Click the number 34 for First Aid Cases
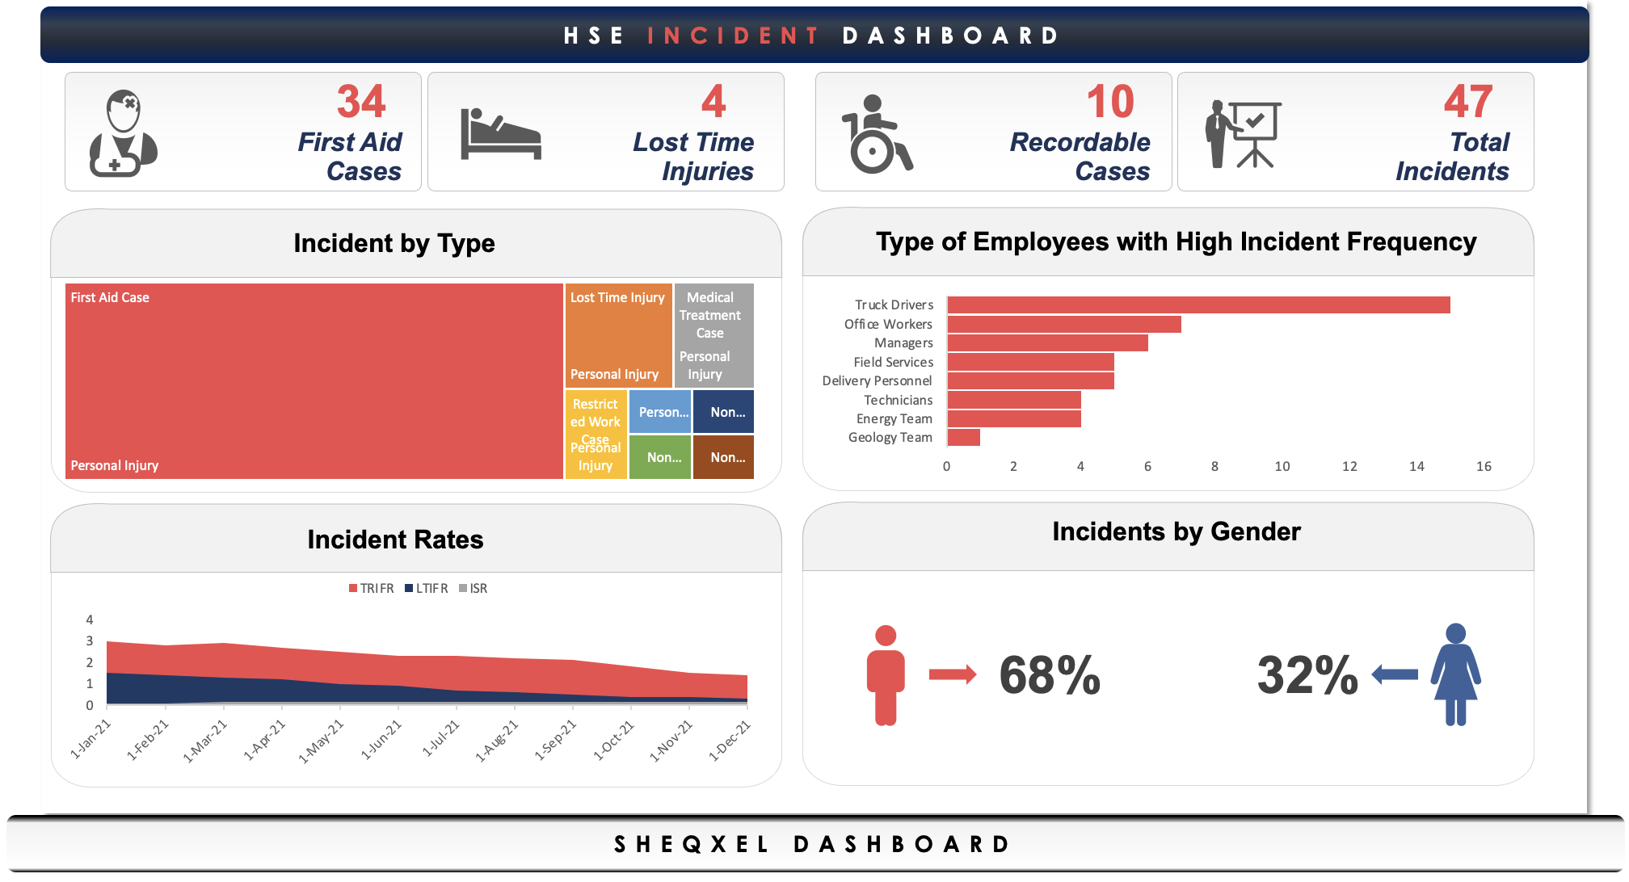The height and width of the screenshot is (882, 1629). point(361,102)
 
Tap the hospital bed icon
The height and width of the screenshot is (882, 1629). point(500,135)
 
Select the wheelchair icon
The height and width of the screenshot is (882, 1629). point(876,135)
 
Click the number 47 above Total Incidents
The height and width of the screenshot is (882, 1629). point(1467,102)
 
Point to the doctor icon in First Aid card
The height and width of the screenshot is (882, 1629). point(123,134)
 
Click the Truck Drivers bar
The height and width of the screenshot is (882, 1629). point(1198,304)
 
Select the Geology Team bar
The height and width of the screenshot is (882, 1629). point(963,438)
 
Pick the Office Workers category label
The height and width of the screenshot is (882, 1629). point(888,324)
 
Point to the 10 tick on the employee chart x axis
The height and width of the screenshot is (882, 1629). point(1282,466)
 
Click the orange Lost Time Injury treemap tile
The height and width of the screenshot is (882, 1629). point(618,335)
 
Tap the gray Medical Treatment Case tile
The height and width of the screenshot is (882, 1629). point(713,334)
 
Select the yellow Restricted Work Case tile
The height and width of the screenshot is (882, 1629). point(596,434)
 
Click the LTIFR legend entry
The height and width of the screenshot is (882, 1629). point(427,588)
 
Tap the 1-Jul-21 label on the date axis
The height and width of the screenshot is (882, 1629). point(441,738)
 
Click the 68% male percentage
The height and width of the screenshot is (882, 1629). point(1049,674)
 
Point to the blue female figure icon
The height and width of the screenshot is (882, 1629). point(1455,674)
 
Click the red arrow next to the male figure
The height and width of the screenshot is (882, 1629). point(952,674)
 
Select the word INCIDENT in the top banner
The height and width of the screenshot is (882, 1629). point(733,36)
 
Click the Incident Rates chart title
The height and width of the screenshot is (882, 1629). point(395,540)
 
